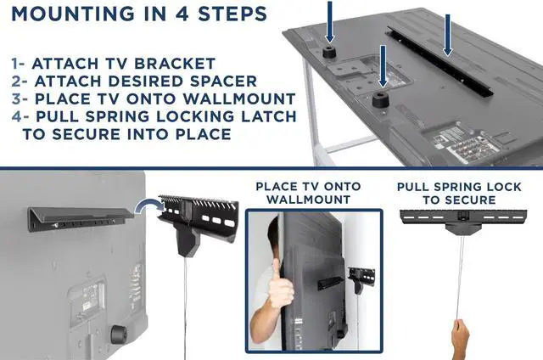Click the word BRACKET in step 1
tap(181, 64)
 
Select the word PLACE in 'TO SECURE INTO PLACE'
tap(195, 133)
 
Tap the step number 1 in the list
tap(16, 64)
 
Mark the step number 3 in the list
tap(17, 98)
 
